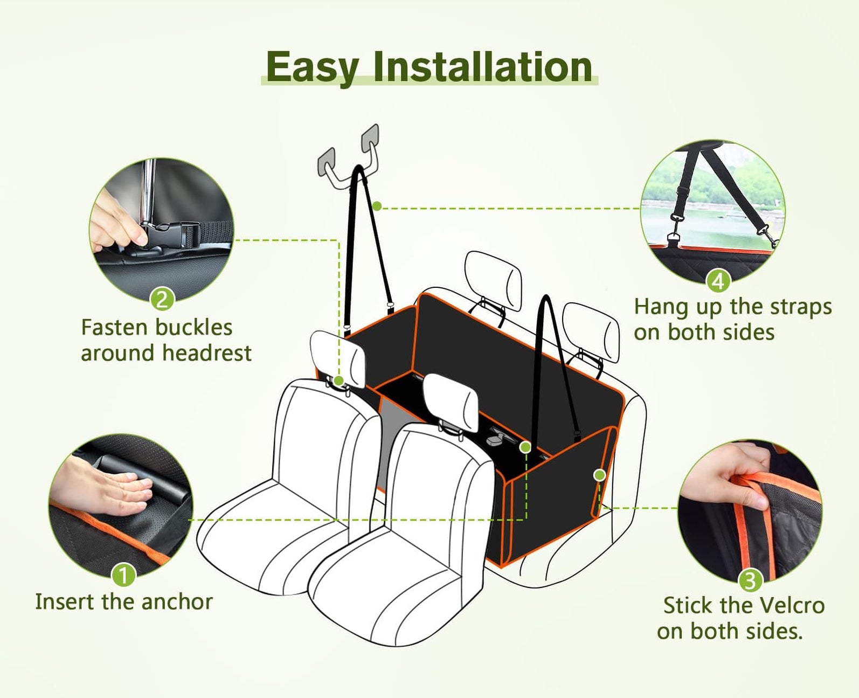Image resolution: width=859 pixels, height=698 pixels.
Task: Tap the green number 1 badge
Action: [x=123, y=575]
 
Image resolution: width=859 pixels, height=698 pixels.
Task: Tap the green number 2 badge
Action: [x=162, y=299]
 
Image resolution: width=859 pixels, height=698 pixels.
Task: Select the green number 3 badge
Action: [x=750, y=581]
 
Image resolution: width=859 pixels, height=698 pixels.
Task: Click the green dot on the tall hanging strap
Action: [x=377, y=206]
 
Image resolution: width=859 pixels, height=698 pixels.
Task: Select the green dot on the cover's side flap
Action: [x=600, y=475]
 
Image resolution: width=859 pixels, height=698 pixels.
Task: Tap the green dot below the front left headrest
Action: [x=339, y=380]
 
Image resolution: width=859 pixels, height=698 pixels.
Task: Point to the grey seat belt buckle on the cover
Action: [x=496, y=438]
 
